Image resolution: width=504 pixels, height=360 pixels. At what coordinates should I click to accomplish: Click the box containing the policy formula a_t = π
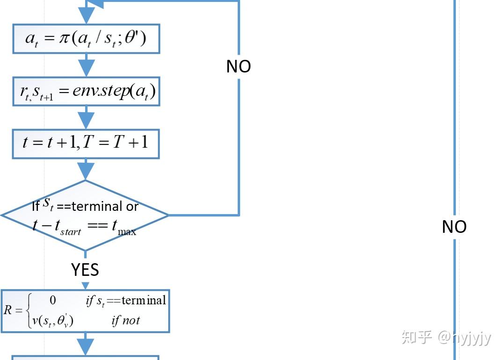86,39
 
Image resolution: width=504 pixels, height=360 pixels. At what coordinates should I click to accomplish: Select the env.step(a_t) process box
86,92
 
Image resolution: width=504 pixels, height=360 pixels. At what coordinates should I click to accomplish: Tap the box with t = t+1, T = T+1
86,143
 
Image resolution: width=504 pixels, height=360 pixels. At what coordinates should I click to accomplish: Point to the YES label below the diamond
85,270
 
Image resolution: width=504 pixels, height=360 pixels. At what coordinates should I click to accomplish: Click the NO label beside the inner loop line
239,66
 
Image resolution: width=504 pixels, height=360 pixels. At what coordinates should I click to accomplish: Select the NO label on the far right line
454,227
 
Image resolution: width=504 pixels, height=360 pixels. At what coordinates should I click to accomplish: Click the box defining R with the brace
85,311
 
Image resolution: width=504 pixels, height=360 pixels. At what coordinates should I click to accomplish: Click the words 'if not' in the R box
125,321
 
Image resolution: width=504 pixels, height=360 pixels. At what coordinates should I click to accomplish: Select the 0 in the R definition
53,300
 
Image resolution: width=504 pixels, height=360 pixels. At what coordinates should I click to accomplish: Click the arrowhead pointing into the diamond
86,171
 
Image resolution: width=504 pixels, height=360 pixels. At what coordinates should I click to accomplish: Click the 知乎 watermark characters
416,337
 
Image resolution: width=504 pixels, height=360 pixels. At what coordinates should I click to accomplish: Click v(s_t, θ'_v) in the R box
50,321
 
